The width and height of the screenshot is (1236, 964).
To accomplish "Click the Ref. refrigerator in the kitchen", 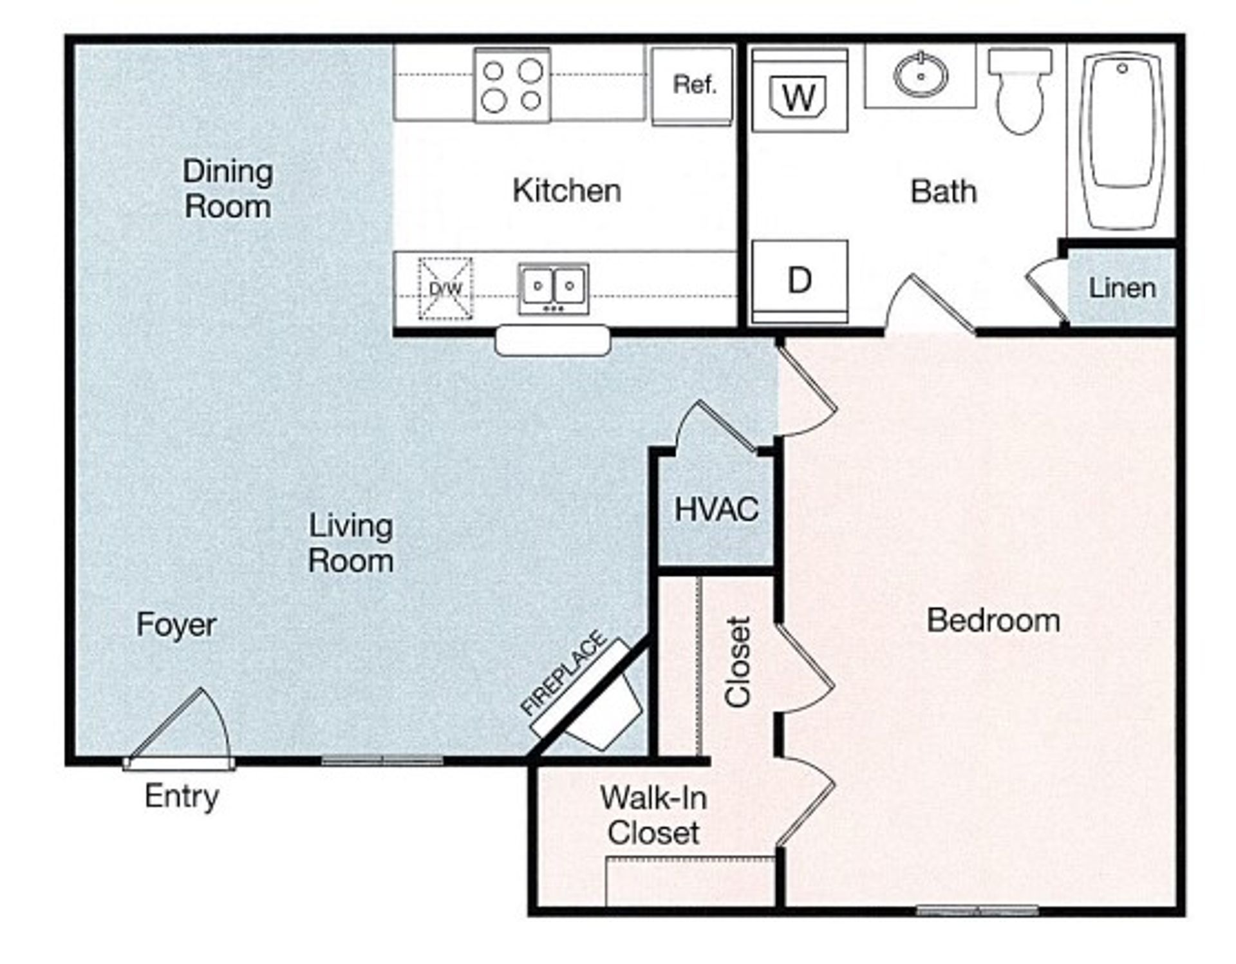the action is tap(692, 86).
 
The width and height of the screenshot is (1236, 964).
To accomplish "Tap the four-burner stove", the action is tap(512, 85).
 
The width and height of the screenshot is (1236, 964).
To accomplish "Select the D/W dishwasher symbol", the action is tap(445, 288).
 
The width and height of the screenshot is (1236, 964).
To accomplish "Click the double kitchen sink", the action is tap(554, 288).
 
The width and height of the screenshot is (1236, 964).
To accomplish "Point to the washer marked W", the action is tap(800, 91).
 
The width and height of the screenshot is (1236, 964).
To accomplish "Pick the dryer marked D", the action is tap(800, 281).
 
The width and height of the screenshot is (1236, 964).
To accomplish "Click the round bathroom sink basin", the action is tap(921, 75).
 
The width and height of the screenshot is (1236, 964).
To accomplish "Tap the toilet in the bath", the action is tap(1020, 90).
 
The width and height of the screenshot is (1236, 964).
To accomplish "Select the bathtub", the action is tap(1123, 140).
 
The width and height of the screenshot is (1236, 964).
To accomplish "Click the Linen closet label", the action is tap(1122, 288).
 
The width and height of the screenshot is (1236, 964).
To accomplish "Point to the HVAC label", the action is tap(716, 509).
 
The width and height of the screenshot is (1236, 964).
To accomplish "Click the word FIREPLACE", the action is tap(563, 674).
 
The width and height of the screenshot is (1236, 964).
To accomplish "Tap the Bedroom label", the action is tap(993, 621).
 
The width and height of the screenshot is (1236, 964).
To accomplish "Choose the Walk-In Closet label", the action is tap(653, 815).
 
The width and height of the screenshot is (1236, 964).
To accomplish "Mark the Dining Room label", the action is tap(228, 189).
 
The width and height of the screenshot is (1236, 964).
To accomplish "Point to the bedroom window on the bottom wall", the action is tap(977, 911).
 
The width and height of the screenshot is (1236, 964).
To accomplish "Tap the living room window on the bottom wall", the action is tap(382, 761).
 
